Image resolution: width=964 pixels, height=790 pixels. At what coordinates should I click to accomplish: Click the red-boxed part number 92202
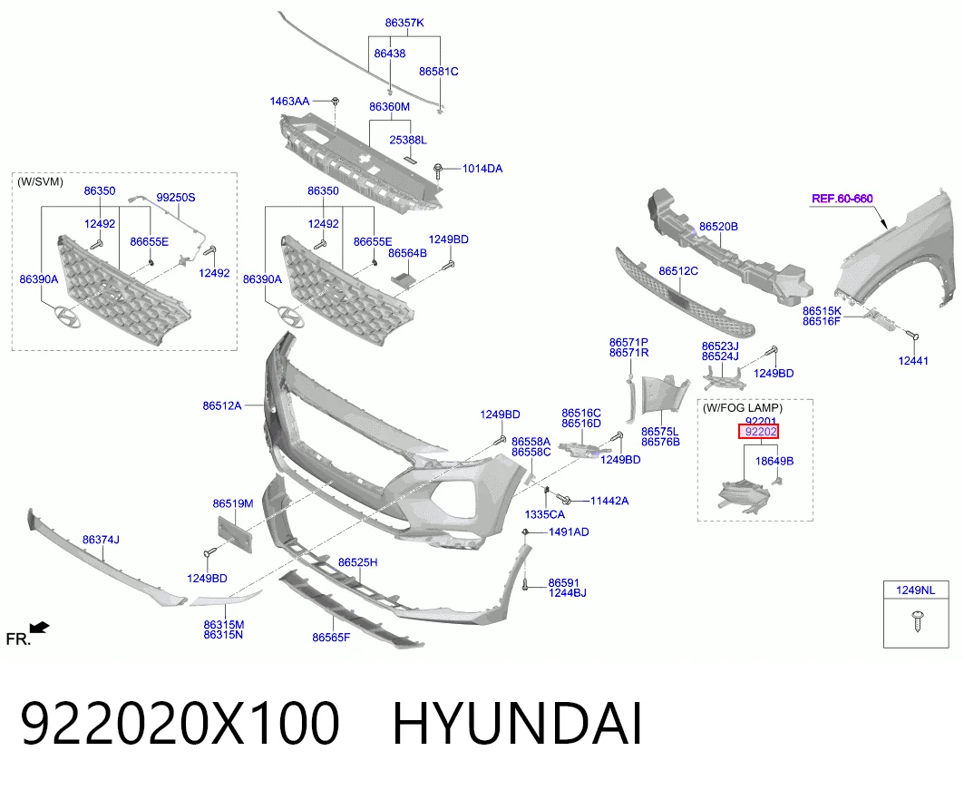[x=759, y=432]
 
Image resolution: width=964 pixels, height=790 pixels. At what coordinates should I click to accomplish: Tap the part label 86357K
[x=404, y=23]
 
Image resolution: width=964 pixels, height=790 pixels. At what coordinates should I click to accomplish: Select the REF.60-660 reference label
[x=842, y=199]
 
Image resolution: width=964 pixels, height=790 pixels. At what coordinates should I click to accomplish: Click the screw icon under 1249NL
[x=917, y=621]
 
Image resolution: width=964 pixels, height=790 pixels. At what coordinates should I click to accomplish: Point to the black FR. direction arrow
[x=39, y=628]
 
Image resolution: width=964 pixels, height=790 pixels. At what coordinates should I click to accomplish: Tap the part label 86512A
[x=222, y=405]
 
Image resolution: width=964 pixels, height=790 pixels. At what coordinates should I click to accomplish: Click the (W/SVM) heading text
[x=40, y=182]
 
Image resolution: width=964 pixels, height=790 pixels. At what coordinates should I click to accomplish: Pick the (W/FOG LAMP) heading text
[x=743, y=407]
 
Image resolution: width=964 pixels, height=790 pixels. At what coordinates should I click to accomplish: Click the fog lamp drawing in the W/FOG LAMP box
[x=744, y=496]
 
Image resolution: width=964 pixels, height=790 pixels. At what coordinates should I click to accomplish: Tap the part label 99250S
[x=176, y=198]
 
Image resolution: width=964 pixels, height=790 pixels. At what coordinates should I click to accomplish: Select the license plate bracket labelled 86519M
[x=235, y=535]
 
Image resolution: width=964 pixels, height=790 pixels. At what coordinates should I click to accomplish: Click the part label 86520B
[x=719, y=226]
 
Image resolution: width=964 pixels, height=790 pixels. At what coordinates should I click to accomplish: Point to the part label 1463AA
[x=289, y=101]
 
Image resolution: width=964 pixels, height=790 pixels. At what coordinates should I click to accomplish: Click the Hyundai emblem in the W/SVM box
[x=66, y=316]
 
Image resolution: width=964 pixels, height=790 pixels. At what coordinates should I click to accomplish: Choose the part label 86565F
[x=331, y=638]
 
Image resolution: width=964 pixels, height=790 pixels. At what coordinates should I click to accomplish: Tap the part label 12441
[x=913, y=361]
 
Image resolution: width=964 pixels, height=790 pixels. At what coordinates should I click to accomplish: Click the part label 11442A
[x=609, y=501]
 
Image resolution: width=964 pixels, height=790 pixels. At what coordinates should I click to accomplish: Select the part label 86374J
[x=101, y=540]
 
